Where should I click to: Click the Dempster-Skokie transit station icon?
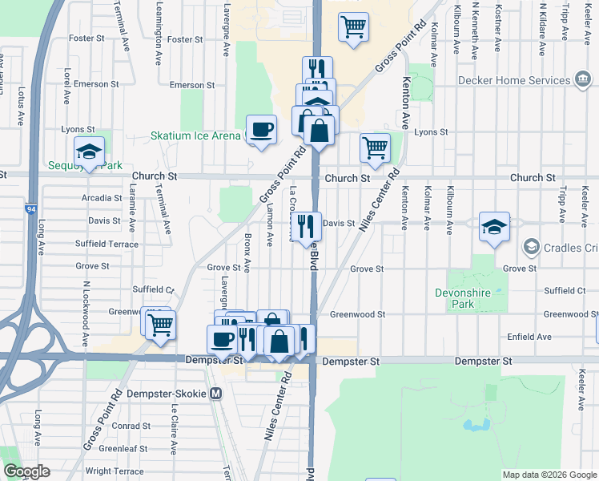[215, 394]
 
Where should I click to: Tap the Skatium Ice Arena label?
[195, 135]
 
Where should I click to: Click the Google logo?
[26, 471]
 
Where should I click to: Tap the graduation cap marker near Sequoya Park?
[90, 151]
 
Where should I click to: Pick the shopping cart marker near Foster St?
[353, 27]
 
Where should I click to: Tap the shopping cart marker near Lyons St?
[374, 148]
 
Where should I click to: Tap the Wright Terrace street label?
[115, 471]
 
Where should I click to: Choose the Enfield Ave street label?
[529, 337]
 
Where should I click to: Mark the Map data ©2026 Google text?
[549, 475]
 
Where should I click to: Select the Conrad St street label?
[126, 426]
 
